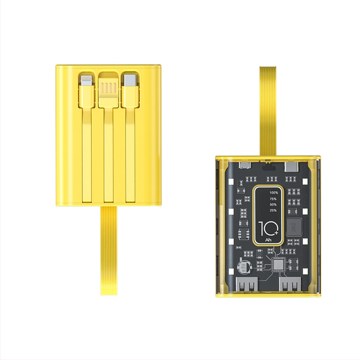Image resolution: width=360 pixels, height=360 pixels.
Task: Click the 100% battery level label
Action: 273,193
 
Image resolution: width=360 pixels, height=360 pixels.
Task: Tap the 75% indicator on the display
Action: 273,198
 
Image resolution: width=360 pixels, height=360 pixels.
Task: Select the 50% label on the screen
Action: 273,204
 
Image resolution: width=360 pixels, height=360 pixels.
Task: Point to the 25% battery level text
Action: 273,210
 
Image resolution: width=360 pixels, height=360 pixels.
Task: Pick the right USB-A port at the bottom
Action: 290,285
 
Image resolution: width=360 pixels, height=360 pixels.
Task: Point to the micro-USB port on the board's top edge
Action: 246,165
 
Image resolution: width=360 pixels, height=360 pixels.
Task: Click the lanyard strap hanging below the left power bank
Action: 108,250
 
